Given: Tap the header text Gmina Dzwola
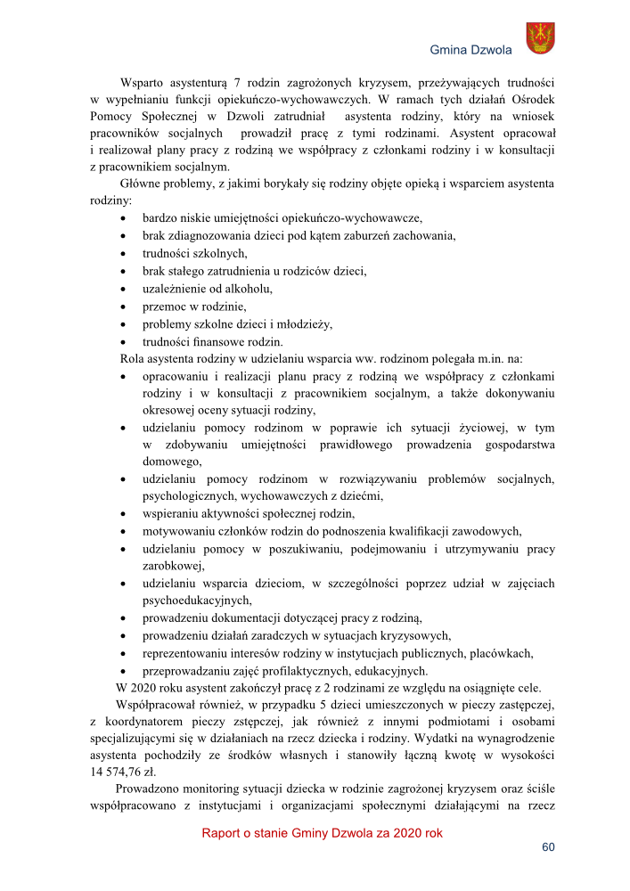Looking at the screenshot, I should point(471,50).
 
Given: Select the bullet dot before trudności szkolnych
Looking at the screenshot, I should point(122,253).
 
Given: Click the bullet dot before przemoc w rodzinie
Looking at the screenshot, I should point(122,307).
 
